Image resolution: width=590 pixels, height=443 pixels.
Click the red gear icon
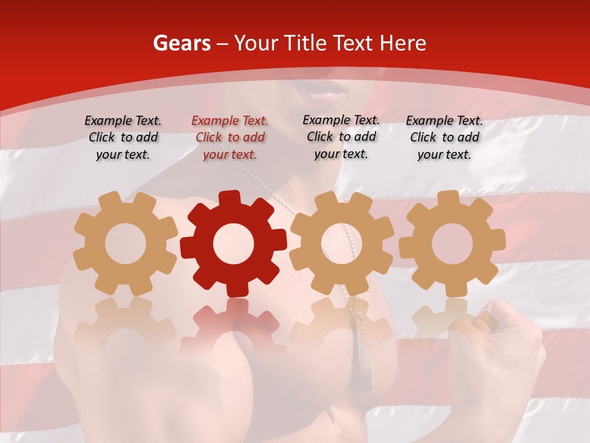point(233,244)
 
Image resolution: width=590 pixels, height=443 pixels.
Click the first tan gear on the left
point(125,244)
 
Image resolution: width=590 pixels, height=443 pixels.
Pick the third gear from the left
point(341,244)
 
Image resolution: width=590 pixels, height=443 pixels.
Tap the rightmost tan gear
point(452,244)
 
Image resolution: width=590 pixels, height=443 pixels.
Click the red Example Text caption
point(230,138)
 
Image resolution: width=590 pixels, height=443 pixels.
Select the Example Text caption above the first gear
point(123,138)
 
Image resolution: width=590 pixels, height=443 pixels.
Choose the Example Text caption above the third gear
point(341,137)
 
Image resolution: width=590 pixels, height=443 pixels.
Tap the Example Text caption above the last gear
point(444,138)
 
